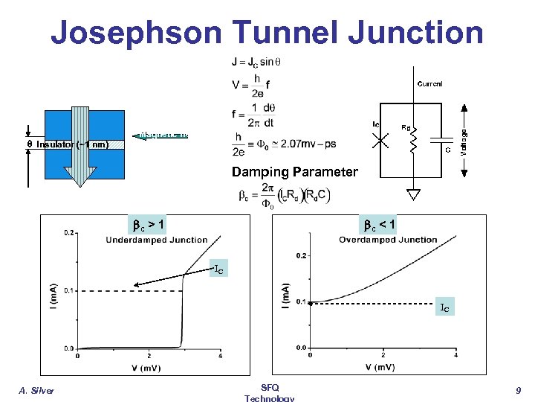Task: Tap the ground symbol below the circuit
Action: pyautogui.click(x=413, y=195)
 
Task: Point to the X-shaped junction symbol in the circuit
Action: pyautogui.click(x=380, y=139)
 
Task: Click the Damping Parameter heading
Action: pyautogui.click(x=294, y=172)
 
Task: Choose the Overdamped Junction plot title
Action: pyautogui.click(x=388, y=239)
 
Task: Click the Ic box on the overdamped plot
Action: pyautogui.click(x=444, y=306)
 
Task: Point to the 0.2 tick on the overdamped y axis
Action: pyautogui.click(x=301, y=255)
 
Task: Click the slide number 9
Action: pyautogui.click(x=519, y=389)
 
